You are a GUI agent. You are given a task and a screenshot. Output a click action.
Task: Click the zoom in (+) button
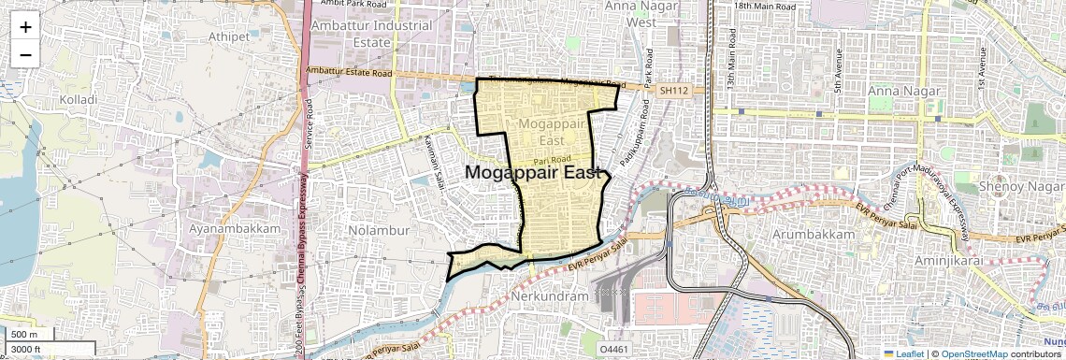click(25, 26)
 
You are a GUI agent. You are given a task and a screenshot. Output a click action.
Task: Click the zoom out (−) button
click(25, 54)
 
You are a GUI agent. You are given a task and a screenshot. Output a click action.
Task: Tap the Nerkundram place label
click(551, 296)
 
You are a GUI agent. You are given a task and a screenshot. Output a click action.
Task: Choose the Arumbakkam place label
click(814, 233)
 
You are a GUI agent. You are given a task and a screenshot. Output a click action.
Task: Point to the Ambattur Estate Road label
click(349, 73)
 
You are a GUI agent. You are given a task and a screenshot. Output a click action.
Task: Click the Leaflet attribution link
click(904, 353)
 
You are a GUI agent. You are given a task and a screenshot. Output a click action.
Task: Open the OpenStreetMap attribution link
click(973, 353)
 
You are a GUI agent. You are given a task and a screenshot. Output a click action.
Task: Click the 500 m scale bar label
click(25, 335)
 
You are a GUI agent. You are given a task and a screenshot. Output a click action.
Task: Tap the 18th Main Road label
click(769, 6)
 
